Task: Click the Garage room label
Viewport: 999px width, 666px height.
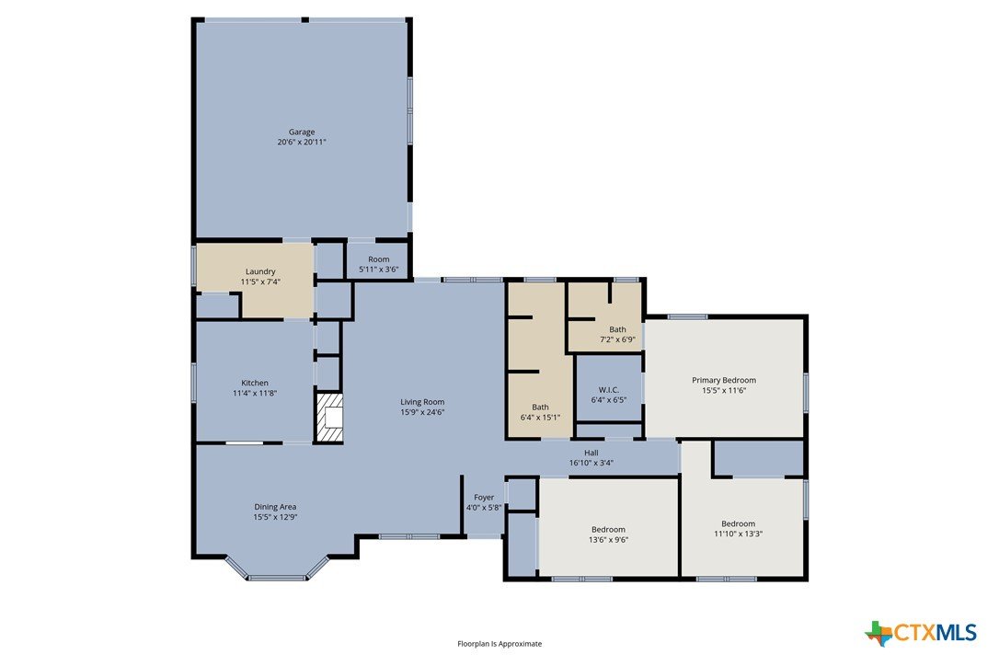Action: (x=302, y=132)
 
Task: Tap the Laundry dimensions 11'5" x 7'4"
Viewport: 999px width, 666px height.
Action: (x=260, y=281)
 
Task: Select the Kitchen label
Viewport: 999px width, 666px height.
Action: (x=254, y=383)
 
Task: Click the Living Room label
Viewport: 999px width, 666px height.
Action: (x=422, y=402)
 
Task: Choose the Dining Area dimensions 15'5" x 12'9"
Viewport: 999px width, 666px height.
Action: (x=275, y=518)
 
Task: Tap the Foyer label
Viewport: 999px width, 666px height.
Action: (x=484, y=498)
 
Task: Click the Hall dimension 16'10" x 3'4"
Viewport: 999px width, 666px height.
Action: (x=591, y=464)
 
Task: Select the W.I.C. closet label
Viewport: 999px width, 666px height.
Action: (x=608, y=390)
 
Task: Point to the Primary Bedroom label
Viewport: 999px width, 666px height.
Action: (x=724, y=381)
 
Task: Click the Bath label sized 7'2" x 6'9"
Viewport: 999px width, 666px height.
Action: (x=617, y=329)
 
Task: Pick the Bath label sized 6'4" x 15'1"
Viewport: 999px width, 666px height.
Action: (x=540, y=408)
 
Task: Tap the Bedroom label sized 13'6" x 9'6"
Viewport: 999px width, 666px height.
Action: (x=608, y=530)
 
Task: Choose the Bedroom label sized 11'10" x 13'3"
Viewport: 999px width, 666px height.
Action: (x=739, y=524)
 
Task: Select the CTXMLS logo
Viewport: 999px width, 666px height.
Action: (x=921, y=633)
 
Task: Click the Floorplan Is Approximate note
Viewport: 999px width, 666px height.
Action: (x=499, y=644)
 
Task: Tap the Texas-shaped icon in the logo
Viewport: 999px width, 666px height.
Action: (x=879, y=633)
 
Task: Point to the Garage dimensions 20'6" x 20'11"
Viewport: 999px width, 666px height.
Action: (x=302, y=142)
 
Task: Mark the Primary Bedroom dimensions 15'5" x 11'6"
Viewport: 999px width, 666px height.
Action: (x=724, y=391)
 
